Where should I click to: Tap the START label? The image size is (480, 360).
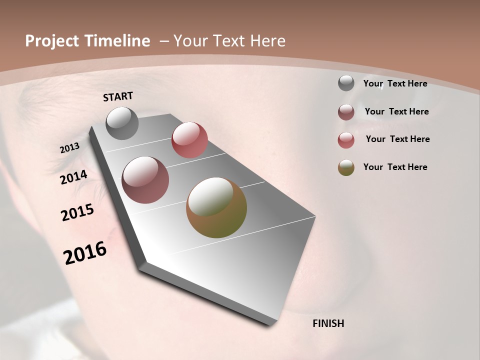pos(118,96)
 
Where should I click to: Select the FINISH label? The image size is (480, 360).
pos(328,323)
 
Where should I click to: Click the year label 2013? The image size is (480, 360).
pos(69,148)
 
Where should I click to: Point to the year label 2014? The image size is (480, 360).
pos(73,177)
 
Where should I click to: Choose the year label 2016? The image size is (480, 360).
pos(85,253)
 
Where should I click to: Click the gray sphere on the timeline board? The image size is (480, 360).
pos(122,123)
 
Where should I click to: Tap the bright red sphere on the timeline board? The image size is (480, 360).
pos(189,139)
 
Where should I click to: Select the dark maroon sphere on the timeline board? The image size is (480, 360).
pos(145,180)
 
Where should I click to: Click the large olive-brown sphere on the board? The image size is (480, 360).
pos(216,207)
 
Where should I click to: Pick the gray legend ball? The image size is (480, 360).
pos(346,83)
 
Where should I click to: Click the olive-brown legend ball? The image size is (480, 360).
pos(346,167)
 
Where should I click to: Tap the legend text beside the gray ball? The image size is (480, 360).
pos(395,83)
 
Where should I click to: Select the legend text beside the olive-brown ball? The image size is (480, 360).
pos(395,167)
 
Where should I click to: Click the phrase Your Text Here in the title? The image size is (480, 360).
pos(229,41)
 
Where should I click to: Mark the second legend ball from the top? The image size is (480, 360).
pos(346,112)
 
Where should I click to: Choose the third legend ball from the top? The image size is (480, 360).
pos(346,140)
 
